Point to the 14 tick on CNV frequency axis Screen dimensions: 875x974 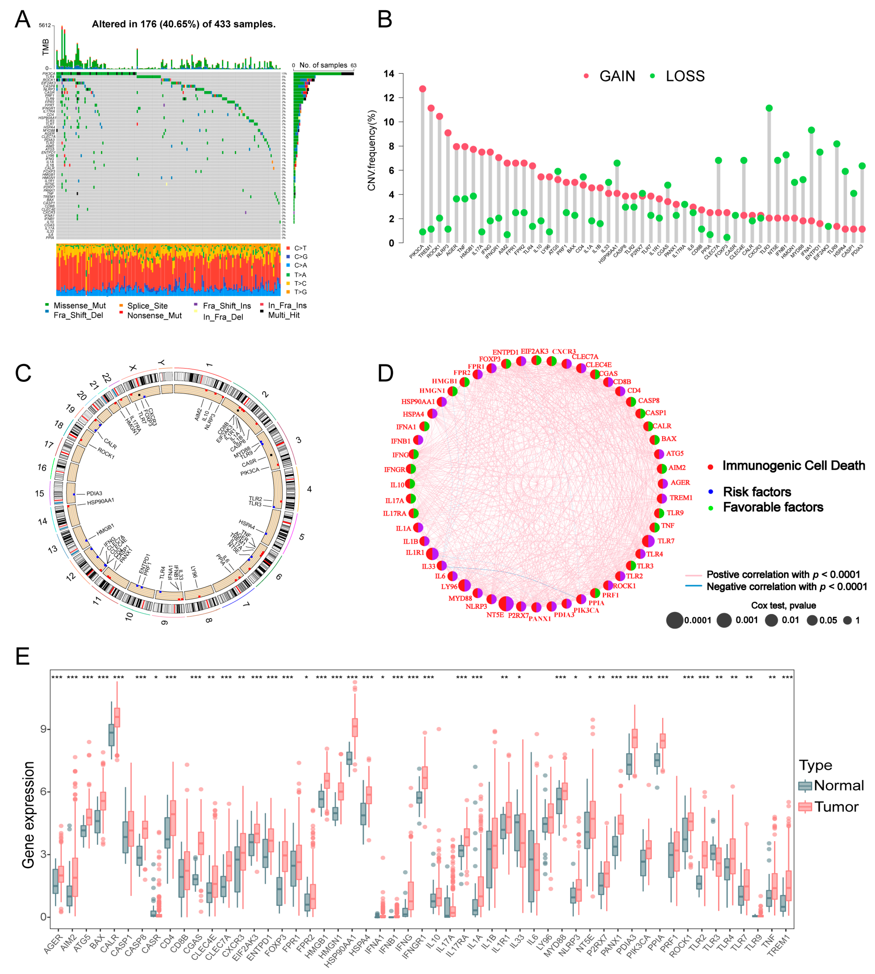point(389,74)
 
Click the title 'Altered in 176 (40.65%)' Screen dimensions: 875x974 point(184,24)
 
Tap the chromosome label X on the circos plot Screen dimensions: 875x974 point(133,368)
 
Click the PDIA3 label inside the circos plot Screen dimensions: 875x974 point(94,493)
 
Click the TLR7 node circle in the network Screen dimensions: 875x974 point(648,541)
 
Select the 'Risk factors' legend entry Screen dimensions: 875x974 point(757,492)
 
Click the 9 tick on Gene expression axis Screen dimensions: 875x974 point(44,729)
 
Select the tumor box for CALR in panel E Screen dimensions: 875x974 point(117,717)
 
